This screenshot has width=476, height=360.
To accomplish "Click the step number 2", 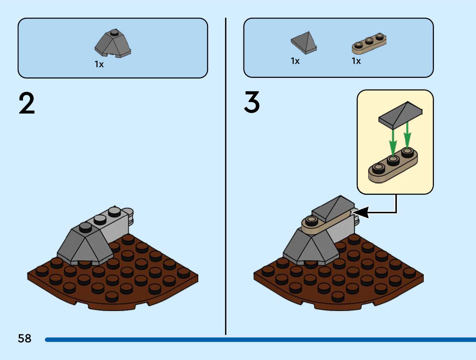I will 27,103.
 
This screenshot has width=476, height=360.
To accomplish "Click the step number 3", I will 252,102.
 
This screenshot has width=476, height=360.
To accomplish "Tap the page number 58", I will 24,338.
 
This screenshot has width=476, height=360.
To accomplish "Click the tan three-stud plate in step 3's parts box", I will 369,44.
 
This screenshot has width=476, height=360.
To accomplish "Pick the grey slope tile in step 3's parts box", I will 304,43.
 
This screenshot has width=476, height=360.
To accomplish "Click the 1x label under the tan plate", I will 356,61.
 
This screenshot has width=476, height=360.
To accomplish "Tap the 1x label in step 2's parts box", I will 99,64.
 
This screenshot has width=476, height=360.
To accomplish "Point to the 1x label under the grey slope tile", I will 295,61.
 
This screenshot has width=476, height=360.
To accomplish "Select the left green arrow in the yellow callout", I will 393,141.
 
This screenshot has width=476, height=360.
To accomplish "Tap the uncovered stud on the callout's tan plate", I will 378,168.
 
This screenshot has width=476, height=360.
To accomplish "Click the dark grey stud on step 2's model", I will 86,227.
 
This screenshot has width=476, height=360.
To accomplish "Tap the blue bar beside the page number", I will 260,339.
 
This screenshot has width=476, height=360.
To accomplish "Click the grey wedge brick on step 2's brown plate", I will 85,246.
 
